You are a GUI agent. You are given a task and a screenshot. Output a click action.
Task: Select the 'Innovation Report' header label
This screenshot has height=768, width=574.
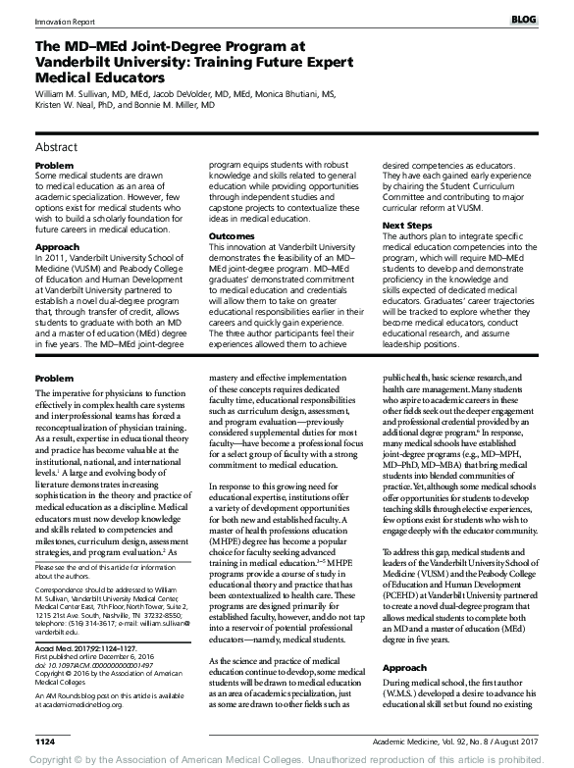click(x=39, y=20)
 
